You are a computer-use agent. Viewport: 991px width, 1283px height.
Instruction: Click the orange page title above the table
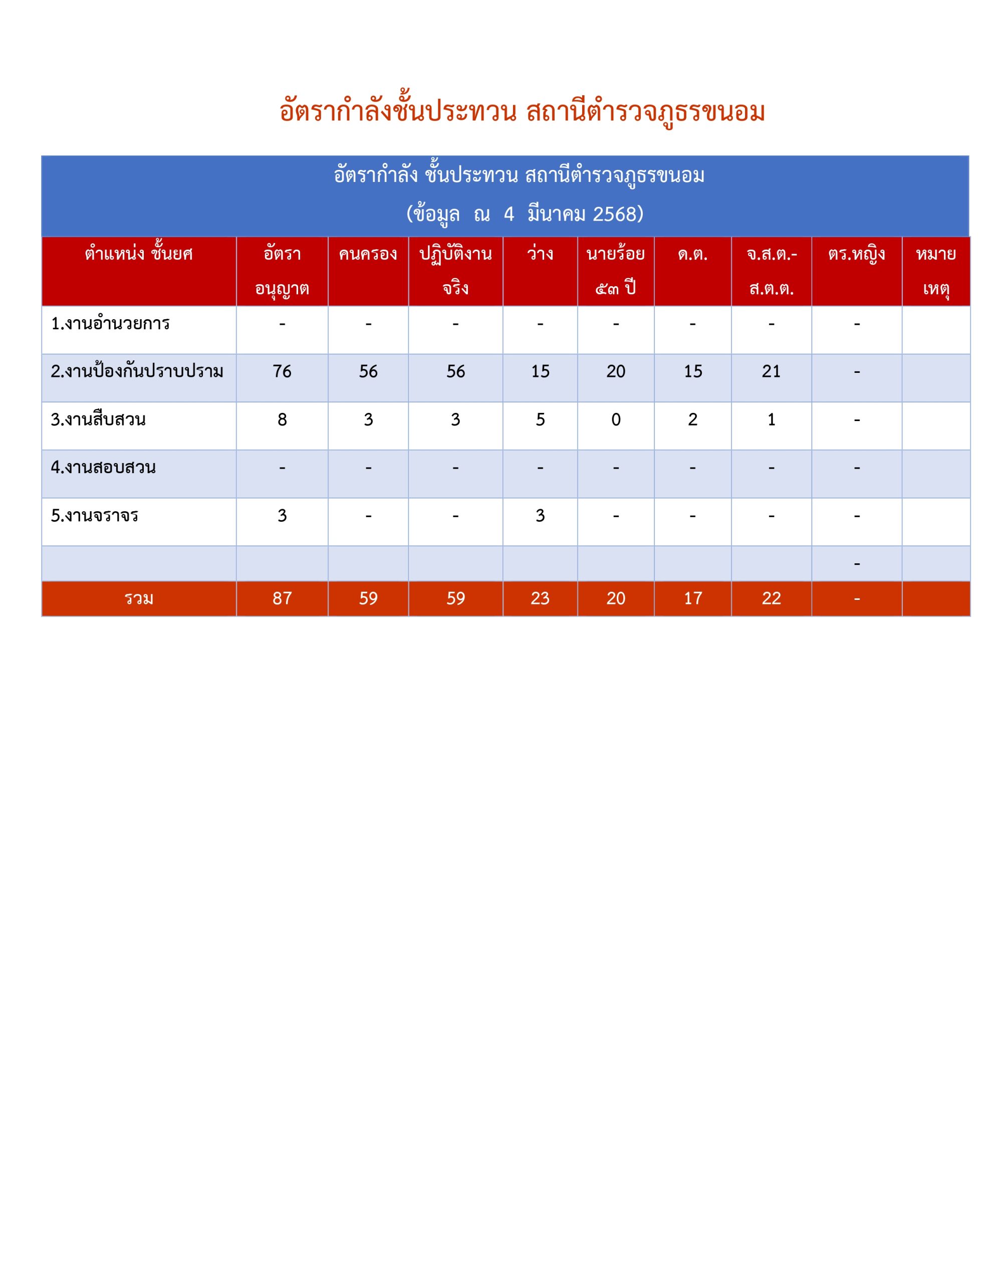pos(522,112)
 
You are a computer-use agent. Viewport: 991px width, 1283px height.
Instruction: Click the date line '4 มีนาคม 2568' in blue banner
pos(525,214)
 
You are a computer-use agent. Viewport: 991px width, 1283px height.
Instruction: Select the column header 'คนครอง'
pos(368,255)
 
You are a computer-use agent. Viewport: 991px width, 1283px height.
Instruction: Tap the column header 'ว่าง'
pos(539,255)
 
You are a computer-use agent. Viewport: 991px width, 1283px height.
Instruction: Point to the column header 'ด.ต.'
pos(692,255)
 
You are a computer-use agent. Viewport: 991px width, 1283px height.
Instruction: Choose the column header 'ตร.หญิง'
pos(856,255)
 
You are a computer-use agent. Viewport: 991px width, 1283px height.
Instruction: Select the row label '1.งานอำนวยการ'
pos(110,324)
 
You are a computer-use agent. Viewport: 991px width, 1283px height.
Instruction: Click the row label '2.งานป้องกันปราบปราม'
pos(137,371)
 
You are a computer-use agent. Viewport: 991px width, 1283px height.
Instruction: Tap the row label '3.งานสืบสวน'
pos(98,419)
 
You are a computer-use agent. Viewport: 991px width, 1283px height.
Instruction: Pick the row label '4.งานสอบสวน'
pos(103,468)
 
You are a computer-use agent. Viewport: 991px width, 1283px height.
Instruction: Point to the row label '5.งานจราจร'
pos(95,516)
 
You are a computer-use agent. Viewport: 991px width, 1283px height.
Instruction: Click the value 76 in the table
pos(282,371)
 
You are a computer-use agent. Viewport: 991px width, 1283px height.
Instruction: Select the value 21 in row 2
pos(771,371)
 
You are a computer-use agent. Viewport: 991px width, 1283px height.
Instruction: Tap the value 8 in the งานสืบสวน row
pos(282,419)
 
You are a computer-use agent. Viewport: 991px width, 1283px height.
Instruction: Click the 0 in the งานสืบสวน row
pos(615,419)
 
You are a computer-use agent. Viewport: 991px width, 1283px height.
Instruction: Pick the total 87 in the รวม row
pos(282,598)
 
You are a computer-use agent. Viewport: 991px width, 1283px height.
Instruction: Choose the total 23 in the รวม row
pos(539,598)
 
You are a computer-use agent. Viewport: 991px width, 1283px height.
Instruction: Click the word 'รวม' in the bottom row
pos(139,598)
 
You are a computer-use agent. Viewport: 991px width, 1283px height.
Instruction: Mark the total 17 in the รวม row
pos(692,598)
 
